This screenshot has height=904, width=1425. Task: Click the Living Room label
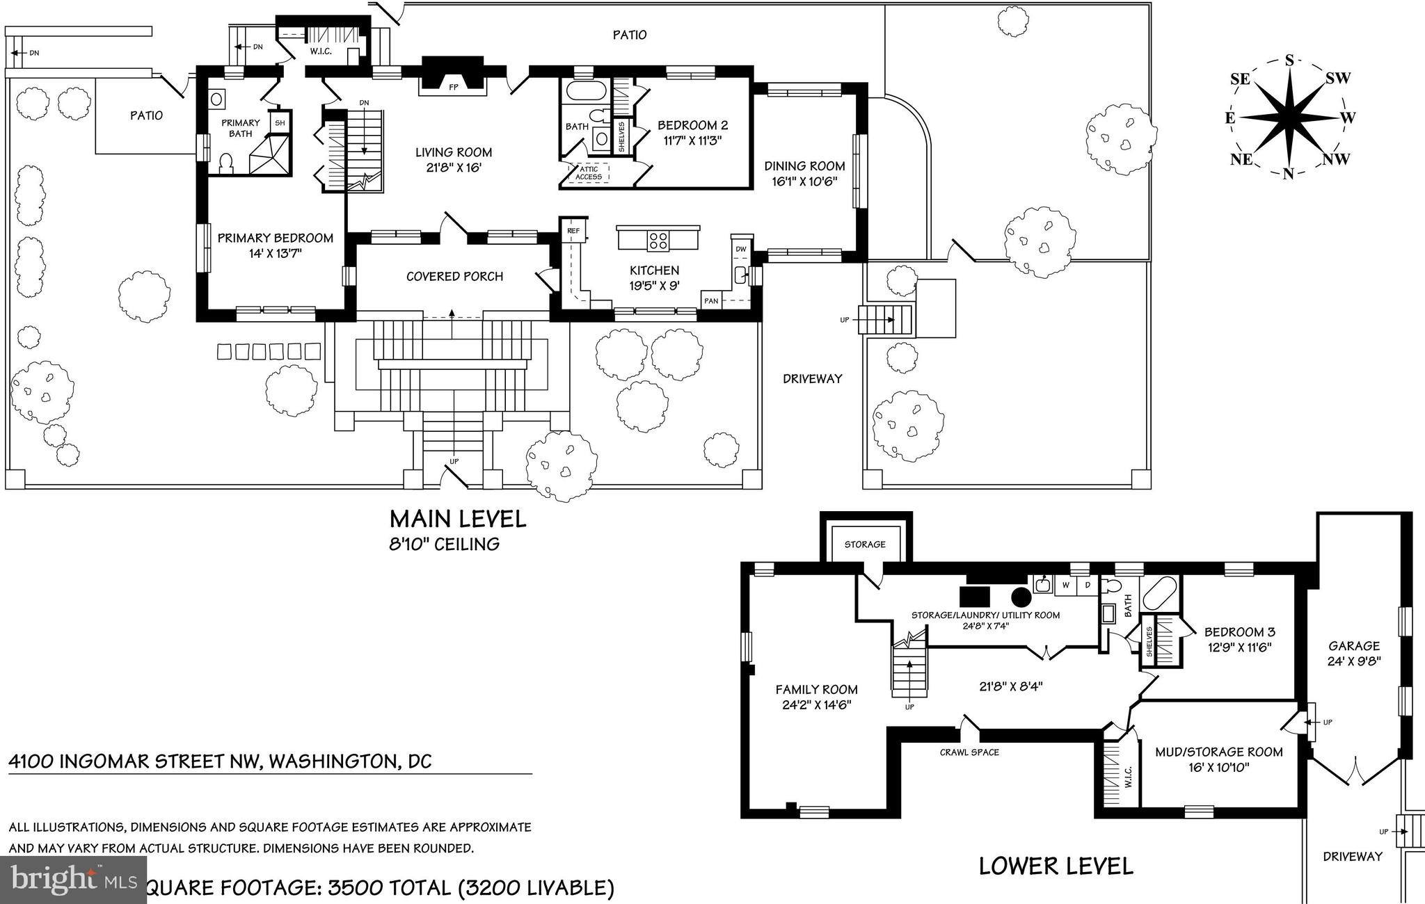454,152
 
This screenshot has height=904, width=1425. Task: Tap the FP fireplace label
453,88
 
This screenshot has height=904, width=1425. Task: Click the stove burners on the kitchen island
658,241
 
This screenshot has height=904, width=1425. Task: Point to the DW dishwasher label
741,248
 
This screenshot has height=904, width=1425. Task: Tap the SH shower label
280,123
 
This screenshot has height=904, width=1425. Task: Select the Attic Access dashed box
589,173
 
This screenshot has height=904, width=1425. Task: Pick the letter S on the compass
1289,60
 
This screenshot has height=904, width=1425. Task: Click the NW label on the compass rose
1336,159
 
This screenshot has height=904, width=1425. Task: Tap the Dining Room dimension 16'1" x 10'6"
804,181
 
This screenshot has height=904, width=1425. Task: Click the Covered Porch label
454,276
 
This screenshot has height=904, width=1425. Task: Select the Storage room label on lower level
865,544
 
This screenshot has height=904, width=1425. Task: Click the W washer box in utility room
1065,586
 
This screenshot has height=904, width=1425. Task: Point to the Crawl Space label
969,752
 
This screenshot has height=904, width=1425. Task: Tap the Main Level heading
457,519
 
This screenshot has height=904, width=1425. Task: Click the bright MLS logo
73,880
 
